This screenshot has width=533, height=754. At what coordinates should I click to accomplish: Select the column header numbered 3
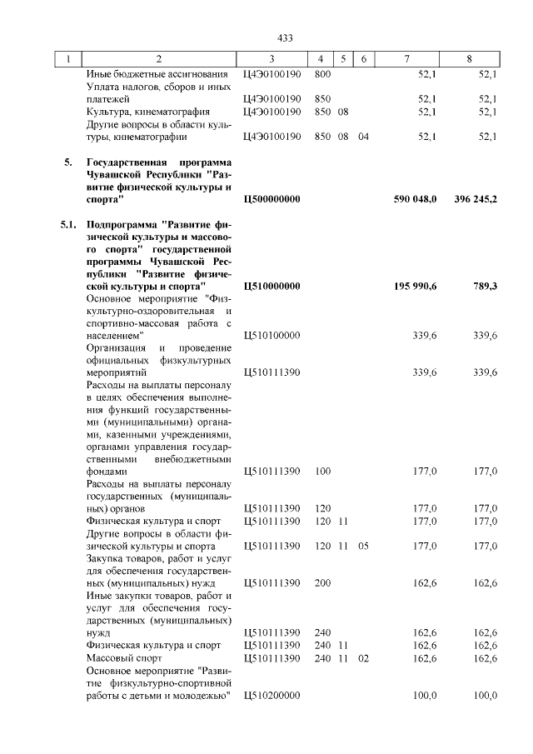tap(271, 59)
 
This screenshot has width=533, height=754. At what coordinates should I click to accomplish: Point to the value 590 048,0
tap(415, 200)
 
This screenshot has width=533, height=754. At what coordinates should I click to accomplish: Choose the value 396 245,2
tap(471, 200)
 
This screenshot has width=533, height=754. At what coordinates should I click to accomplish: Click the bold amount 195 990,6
tap(415, 286)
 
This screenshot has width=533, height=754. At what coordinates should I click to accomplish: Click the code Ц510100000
tap(271, 336)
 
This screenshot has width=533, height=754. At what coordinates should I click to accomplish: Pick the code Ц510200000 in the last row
tap(271, 696)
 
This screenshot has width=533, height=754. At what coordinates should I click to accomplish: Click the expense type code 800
tap(322, 74)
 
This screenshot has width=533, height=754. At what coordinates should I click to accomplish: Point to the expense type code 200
tap(322, 583)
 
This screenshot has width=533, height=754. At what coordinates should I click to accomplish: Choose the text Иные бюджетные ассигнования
tap(146, 74)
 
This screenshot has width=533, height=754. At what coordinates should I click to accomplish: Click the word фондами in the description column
tap(107, 471)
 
